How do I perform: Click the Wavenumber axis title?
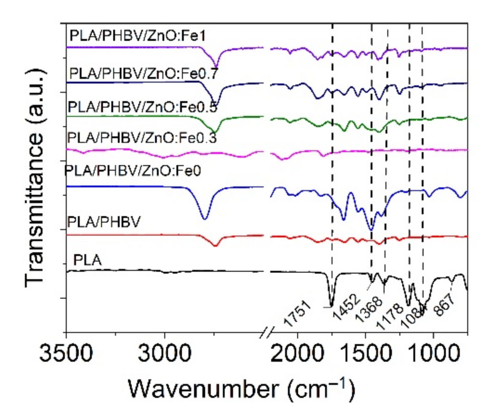coord(242,388)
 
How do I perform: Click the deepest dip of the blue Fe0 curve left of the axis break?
coord(204,218)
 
